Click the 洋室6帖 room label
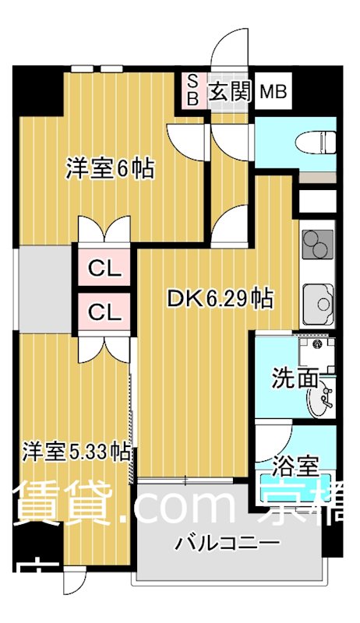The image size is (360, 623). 110,168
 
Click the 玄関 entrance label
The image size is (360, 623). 228,92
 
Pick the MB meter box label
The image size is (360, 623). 273,93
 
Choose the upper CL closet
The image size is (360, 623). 104,269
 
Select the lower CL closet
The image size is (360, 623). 104,313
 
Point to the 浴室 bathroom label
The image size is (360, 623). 296,466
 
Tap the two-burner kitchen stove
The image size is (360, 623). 317,248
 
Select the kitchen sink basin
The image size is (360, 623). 319,299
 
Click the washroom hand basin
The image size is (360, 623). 321,401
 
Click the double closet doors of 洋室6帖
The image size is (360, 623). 104,230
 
